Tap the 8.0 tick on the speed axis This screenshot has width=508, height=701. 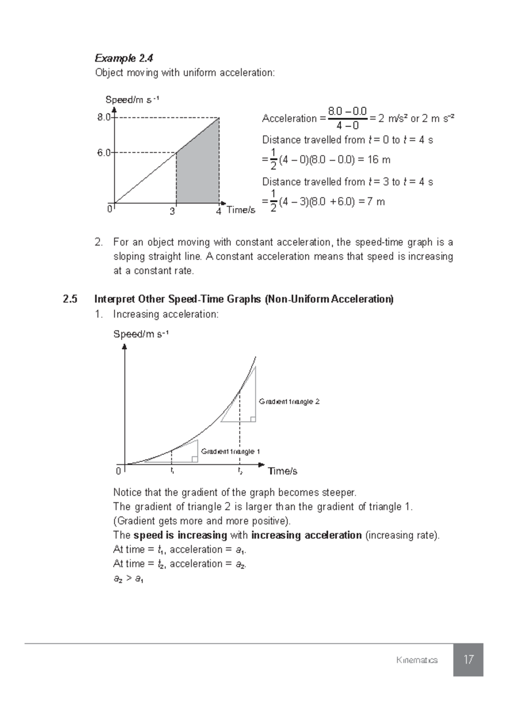(104, 118)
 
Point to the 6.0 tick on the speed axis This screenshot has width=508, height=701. (104, 153)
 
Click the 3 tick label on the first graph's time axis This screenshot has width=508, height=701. (172, 211)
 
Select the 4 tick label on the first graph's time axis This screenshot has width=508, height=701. (218, 211)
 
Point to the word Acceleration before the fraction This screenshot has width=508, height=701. (289, 118)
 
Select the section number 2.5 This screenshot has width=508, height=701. (70, 299)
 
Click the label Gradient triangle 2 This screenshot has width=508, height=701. (289, 401)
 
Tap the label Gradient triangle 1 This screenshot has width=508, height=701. (230, 451)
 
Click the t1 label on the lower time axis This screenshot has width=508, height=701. (172, 470)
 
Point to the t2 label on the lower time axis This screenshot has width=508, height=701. (240, 470)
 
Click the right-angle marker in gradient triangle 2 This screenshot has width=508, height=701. (253, 419)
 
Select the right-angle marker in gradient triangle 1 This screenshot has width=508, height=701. (195, 459)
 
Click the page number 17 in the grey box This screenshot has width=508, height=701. (468, 660)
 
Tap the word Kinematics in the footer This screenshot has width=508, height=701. (417, 660)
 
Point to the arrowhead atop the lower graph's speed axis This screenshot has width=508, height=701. (124, 347)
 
